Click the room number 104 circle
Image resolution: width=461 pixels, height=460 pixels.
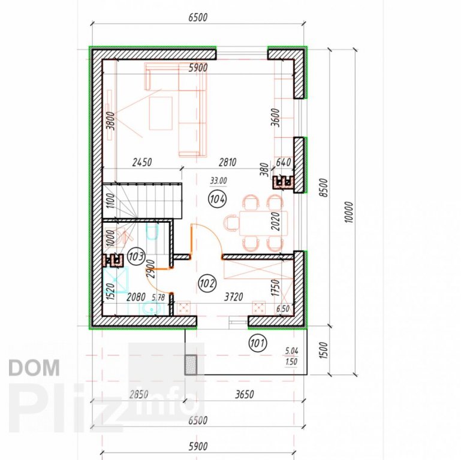pyautogui.click(x=218, y=199)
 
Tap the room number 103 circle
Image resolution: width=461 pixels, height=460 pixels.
pyautogui.click(x=136, y=256)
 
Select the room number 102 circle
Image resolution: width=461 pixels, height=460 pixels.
pyautogui.click(x=207, y=283)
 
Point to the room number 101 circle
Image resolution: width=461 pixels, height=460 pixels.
pyautogui.click(x=258, y=343)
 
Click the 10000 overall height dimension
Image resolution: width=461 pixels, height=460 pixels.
pyautogui.click(x=349, y=212)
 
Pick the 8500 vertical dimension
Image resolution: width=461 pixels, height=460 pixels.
pyautogui.click(x=323, y=187)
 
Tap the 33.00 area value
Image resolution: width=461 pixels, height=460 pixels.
pyautogui.click(x=218, y=181)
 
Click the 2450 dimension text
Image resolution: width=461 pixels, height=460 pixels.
pyautogui.click(x=142, y=162)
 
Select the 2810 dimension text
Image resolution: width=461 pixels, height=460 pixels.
pyautogui.click(x=228, y=162)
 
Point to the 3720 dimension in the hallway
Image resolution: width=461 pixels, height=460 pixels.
pyautogui.click(x=234, y=296)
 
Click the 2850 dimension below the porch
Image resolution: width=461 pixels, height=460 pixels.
pyautogui.click(x=138, y=394)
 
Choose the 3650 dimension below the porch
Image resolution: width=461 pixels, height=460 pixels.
pyautogui.click(x=245, y=394)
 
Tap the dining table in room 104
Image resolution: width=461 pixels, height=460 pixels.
pyautogui.click(x=263, y=223)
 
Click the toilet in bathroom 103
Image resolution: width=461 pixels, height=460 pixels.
pyautogui.click(x=152, y=231)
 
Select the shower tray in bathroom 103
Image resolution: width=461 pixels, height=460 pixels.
pyautogui.click(x=116, y=280)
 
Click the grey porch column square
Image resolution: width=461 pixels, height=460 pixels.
pyautogui.click(x=191, y=365)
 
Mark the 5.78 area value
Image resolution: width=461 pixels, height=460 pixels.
pyautogui.click(x=158, y=297)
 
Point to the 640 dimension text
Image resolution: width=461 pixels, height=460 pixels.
pyautogui.click(x=284, y=162)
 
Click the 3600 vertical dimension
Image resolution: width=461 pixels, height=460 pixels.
pyautogui.click(x=276, y=117)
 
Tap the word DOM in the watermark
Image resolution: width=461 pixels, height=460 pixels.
pyautogui.click(x=34, y=368)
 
